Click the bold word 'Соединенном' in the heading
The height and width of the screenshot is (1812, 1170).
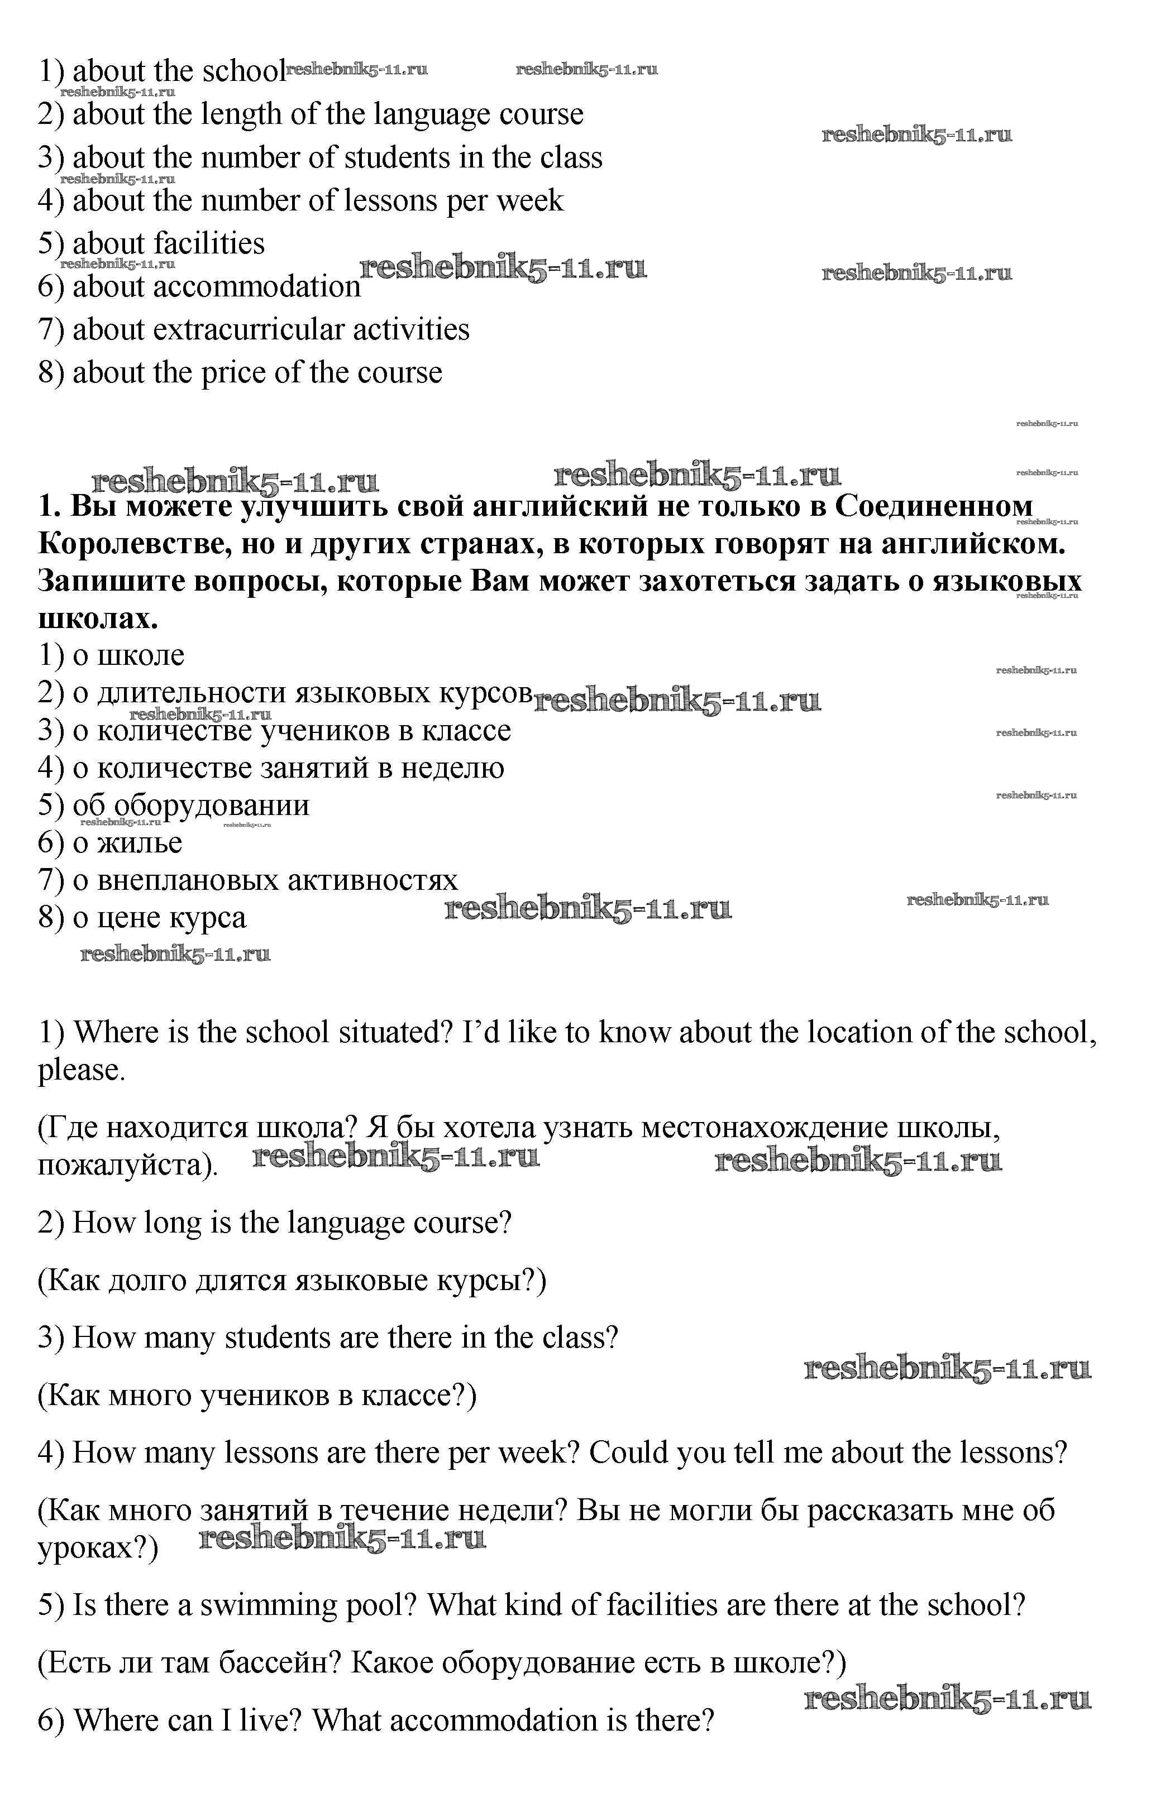934,506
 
